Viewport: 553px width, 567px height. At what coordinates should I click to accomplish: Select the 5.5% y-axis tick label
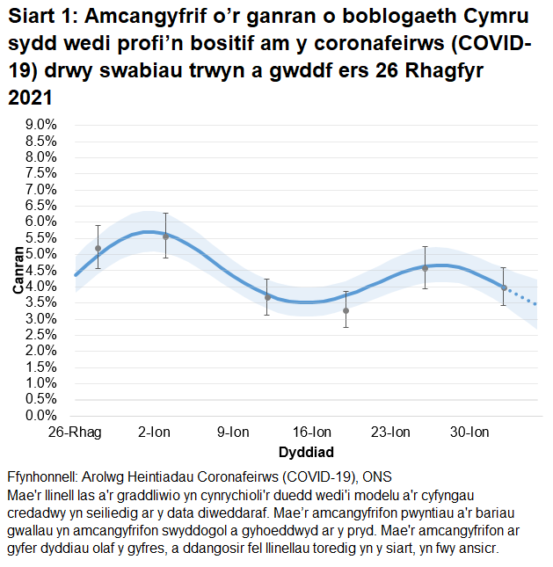[40, 238]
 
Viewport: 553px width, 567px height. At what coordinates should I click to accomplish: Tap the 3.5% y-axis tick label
[40, 302]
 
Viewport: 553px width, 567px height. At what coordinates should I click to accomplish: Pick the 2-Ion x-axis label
[154, 433]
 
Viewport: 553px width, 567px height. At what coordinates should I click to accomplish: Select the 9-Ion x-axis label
[233, 433]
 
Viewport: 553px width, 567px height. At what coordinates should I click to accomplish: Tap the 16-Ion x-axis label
[312, 433]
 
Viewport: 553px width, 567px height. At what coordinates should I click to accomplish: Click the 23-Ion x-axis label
[390, 433]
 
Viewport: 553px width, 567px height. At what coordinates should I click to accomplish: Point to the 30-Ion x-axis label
[469, 433]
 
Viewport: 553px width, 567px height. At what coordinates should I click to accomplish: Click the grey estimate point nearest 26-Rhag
[98, 249]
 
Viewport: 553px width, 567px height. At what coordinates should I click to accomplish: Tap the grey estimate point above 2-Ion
[165, 236]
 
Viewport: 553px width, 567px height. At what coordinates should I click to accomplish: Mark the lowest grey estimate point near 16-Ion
[346, 310]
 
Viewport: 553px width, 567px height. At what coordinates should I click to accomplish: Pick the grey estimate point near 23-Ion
[425, 268]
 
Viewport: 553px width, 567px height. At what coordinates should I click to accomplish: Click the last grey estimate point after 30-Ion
[504, 287]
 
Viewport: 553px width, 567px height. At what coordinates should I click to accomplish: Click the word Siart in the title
[31, 19]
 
